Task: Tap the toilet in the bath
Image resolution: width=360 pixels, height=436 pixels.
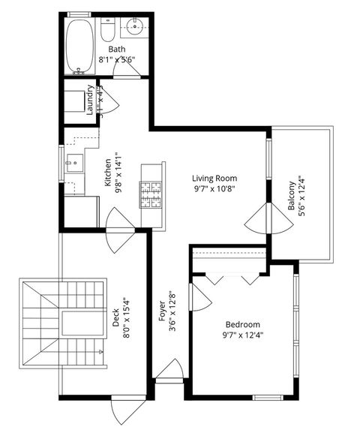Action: point(107,32)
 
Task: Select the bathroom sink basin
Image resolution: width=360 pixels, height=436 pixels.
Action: point(136,29)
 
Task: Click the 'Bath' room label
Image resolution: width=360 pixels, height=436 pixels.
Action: point(116,49)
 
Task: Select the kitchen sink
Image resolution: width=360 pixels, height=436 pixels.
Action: point(74,161)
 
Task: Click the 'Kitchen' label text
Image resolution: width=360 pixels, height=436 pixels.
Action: point(108,173)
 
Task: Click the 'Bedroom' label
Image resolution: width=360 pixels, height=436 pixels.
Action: point(242,324)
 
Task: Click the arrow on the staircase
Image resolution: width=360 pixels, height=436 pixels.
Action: point(100,351)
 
